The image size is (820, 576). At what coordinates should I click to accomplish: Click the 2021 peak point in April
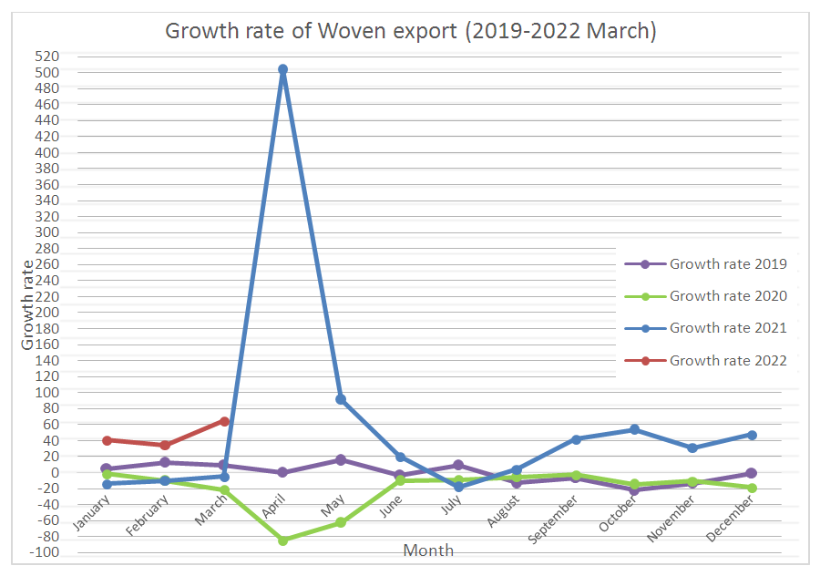pyautogui.click(x=282, y=69)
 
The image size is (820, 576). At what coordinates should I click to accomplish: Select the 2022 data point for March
pyautogui.click(x=224, y=421)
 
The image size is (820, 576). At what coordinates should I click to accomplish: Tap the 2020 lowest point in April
pyautogui.click(x=282, y=540)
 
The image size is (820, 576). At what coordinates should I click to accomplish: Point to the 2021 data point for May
pyautogui.click(x=341, y=399)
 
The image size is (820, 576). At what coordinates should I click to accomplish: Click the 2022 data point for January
pyautogui.click(x=107, y=440)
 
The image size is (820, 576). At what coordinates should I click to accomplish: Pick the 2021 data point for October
pyautogui.click(x=634, y=429)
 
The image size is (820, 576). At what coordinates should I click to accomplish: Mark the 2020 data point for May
pyautogui.click(x=341, y=522)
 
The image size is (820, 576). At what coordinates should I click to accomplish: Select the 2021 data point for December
pyautogui.click(x=752, y=435)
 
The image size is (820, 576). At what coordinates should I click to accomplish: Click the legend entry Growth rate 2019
pyautogui.click(x=727, y=264)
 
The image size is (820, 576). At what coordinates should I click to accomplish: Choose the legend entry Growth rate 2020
pyautogui.click(x=727, y=296)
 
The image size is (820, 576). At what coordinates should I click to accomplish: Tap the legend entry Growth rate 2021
pyautogui.click(x=727, y=328)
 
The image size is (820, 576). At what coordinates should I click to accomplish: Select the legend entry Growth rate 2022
pyautogui.click(x=727, y=360)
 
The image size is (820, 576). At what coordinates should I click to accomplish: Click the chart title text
pyautogui.click(x=410, y=31)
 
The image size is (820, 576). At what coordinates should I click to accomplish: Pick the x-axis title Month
pyautogui.click(x=427, y=550)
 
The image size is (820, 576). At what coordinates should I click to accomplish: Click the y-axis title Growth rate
pyautogui.click(x=28, y=304)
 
